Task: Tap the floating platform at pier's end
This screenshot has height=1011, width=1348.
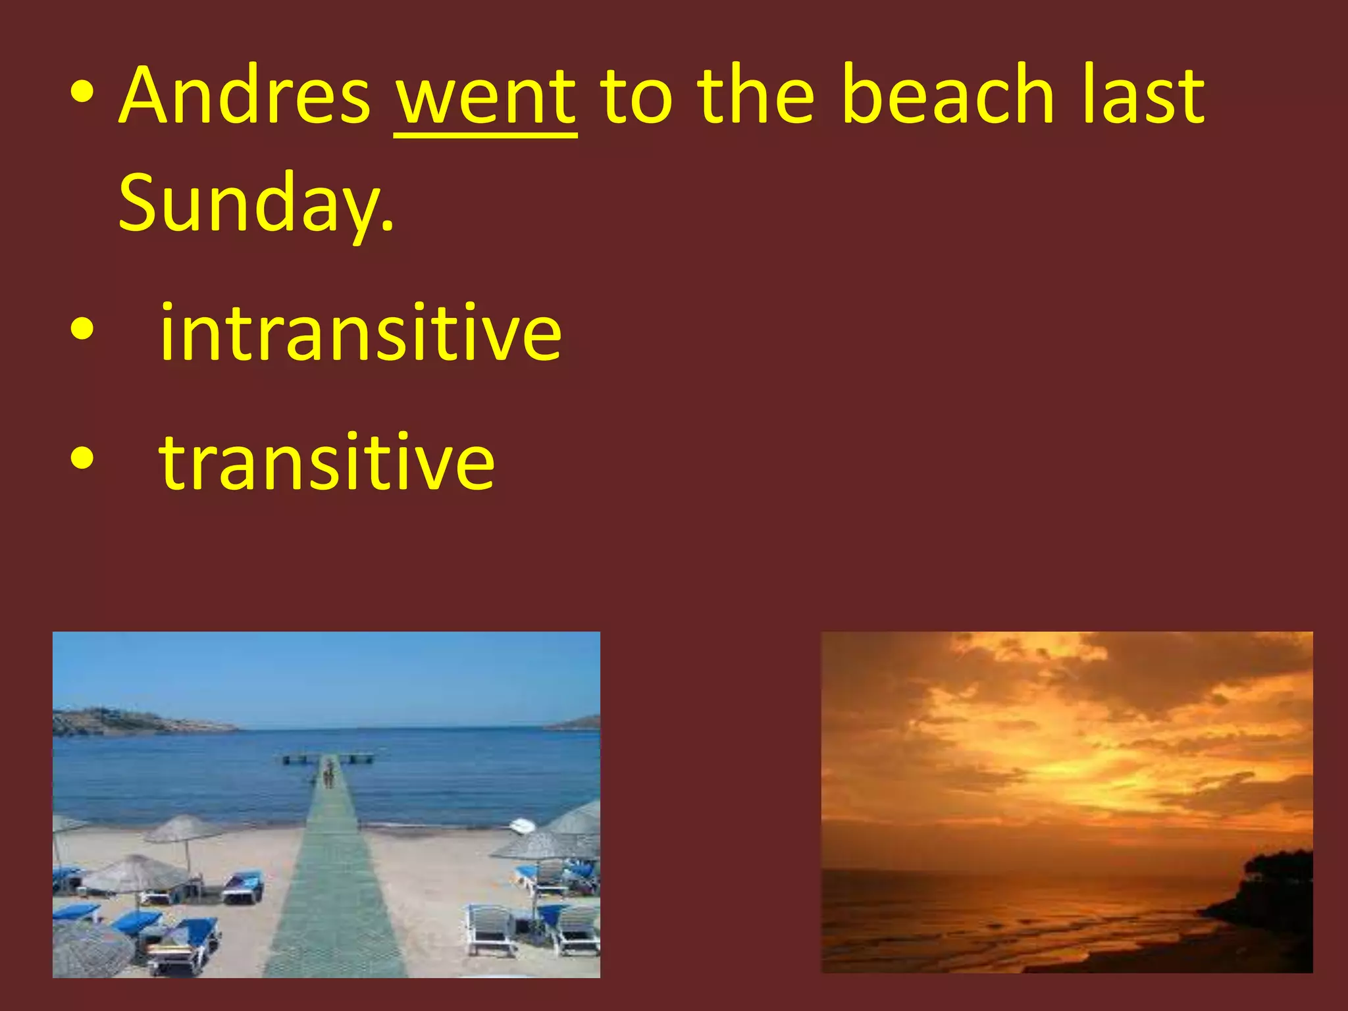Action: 327,759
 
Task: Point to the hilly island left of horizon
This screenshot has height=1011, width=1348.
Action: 132,722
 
